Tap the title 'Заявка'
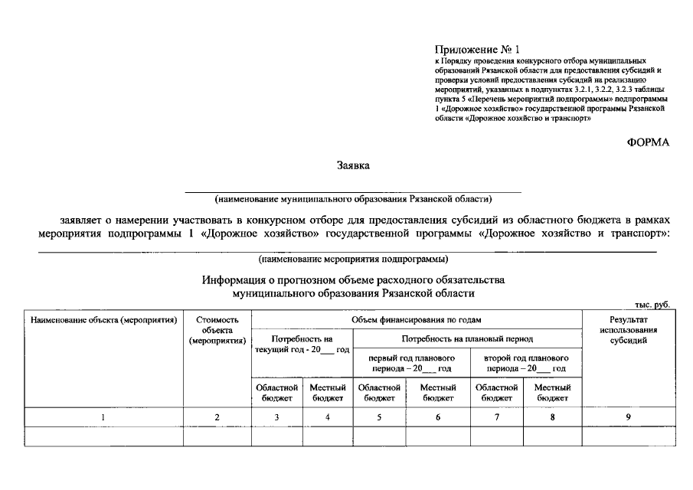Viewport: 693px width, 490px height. (353, 165)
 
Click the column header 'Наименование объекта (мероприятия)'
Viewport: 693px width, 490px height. (103, 319)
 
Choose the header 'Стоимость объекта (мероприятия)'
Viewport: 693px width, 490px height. (217, 330)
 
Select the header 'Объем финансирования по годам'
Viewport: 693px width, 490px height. (416, 319)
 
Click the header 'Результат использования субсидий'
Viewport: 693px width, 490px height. (628, 330)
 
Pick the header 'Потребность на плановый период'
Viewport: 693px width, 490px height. (467, 338)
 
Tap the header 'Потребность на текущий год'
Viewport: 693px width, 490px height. (302, 344)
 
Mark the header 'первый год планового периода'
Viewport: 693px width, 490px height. (411, 363)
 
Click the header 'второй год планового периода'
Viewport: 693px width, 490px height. (526, 363)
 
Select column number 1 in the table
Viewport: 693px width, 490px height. (103, 417)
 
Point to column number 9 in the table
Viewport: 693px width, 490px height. (628, 417)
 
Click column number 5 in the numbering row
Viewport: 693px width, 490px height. (379, 417)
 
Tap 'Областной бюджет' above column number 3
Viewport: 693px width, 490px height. (276, 393)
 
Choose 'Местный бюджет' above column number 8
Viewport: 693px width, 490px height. (552, 393)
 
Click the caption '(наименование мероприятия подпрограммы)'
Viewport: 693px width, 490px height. (353, 259)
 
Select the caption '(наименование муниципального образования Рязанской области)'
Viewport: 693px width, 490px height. (353, 198)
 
